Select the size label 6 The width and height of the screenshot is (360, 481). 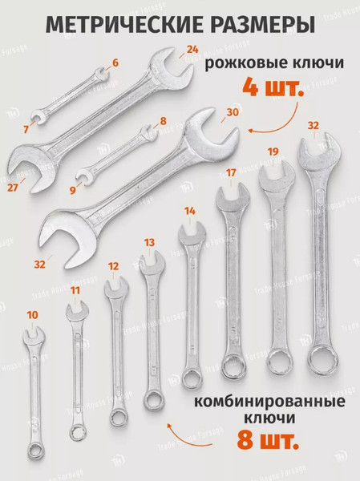coord(115,62)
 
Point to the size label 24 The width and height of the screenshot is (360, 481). coord(192,49)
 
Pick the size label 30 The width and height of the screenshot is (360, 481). coord(233,114)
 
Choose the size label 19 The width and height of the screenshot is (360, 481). coord(273,151)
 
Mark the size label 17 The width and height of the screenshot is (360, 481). coord(232,172)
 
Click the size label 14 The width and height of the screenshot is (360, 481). coord(189,211)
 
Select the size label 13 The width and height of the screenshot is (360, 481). coord(149,240)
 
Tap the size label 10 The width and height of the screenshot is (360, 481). coord(32,315)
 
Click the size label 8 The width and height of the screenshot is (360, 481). coord(163,121)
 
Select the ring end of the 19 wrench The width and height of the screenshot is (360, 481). coord(277,361)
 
